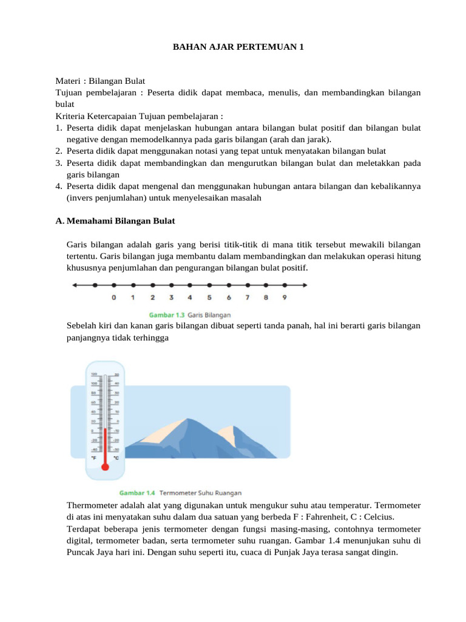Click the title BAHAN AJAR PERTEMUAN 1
(233, 46)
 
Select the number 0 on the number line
(114, 298)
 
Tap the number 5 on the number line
(209, 298)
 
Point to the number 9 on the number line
(285, 298)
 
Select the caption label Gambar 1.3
(166, 315)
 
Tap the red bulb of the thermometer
(105, 466)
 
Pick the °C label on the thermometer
(116, 458)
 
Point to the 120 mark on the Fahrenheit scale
(94, 374)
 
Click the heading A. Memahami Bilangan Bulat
(115, 220)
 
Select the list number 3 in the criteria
(58, 163)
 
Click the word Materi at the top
(67, 81)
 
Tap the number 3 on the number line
(171, 298)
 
